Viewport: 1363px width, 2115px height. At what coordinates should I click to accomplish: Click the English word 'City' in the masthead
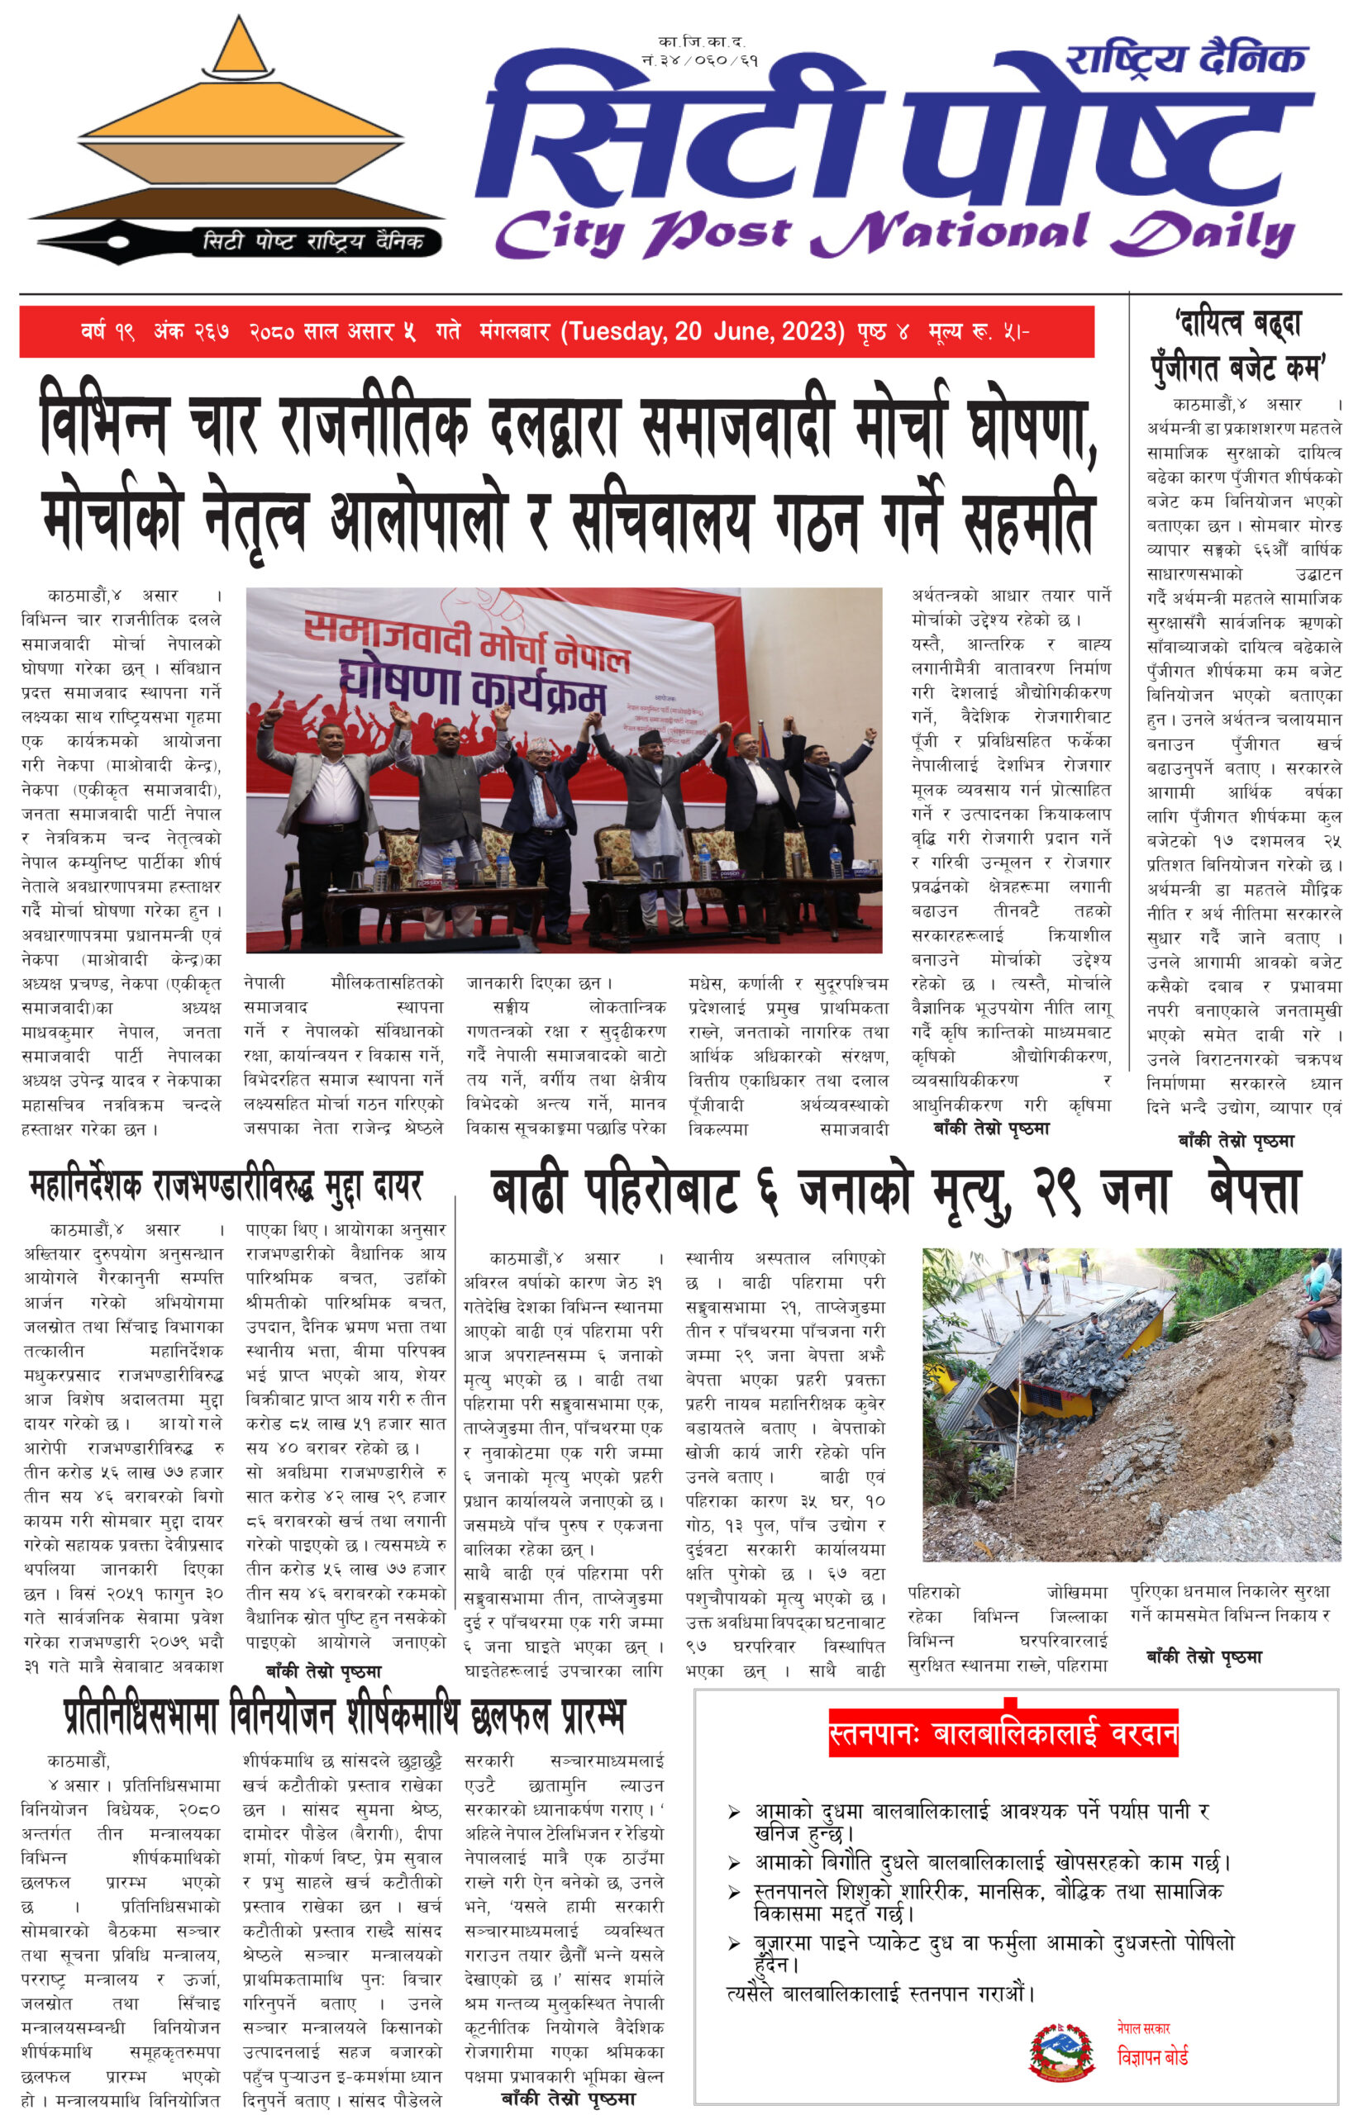click(x=559, y=235)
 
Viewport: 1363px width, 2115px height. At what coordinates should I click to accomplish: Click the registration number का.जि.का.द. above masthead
click(x=701, y=41)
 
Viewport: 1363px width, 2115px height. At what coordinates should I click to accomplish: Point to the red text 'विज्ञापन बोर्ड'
click(x=1151, y=2057)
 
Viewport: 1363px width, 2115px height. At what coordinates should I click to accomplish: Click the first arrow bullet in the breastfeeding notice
click(x=734, y=1813)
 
